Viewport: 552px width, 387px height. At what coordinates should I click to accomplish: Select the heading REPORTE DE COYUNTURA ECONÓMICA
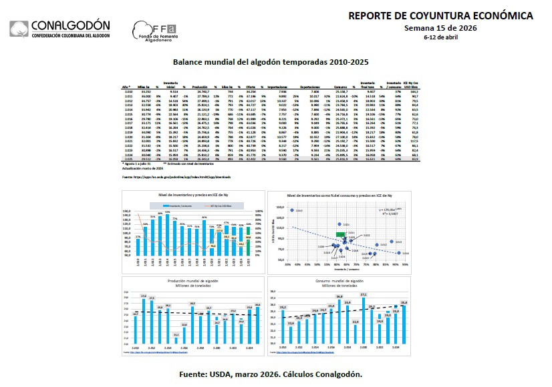point(441,15)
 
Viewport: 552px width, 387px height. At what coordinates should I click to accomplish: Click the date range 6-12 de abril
point(441,37)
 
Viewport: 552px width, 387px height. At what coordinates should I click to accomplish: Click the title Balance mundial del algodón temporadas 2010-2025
point(271,62)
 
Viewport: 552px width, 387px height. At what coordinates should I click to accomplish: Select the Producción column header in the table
point(200,87)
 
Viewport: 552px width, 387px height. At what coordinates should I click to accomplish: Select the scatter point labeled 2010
point(292,210)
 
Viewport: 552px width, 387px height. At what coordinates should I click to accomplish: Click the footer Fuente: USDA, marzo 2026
point(275,374)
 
